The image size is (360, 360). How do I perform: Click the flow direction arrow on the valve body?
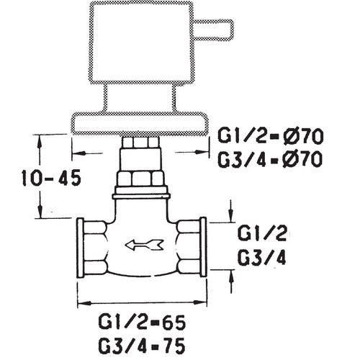point(144,245)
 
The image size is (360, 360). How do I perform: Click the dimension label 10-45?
point(51,178)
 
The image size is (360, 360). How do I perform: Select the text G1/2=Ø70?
point(270,137)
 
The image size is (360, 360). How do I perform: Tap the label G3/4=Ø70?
point(270,159)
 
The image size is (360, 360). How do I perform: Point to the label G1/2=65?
point(142,323)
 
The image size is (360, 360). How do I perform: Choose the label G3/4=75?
point(142,345)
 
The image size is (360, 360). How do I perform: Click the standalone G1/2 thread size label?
point(262,233)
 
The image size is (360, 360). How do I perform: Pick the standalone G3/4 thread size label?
point(262,256)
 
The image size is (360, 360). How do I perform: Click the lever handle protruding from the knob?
point(213,30)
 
